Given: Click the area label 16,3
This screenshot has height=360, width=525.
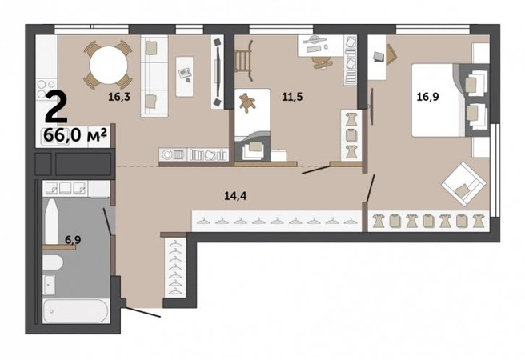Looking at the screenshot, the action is coord(119,97).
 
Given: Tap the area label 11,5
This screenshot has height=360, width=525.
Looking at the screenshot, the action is coord(292,97).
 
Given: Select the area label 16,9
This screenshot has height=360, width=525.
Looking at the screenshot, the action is coord(427,97).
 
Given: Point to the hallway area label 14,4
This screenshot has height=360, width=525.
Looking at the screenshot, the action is coord(235,196).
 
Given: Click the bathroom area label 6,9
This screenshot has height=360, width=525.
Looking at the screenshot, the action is coord(73,239).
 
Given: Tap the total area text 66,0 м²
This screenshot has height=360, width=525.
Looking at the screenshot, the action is coord(75,135).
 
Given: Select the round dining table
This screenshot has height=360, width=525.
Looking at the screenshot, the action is coord(109,65).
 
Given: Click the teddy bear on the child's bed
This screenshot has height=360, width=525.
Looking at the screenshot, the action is coord(247,102).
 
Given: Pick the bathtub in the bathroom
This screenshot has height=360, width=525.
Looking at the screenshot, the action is coord(76,311).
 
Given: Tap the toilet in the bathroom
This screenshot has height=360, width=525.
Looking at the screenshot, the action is coord(52,262).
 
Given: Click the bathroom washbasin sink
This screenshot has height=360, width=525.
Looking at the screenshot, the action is coord(50,285).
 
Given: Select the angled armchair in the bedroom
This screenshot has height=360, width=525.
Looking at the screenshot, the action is coord(463,184).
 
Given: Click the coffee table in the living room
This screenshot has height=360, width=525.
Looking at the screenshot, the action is coord(185,77).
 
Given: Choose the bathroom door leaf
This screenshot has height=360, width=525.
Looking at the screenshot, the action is coord(107,222).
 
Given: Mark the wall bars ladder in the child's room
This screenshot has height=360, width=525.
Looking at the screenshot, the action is coord(243,61).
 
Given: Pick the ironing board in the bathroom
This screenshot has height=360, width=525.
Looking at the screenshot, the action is coord(52,222).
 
